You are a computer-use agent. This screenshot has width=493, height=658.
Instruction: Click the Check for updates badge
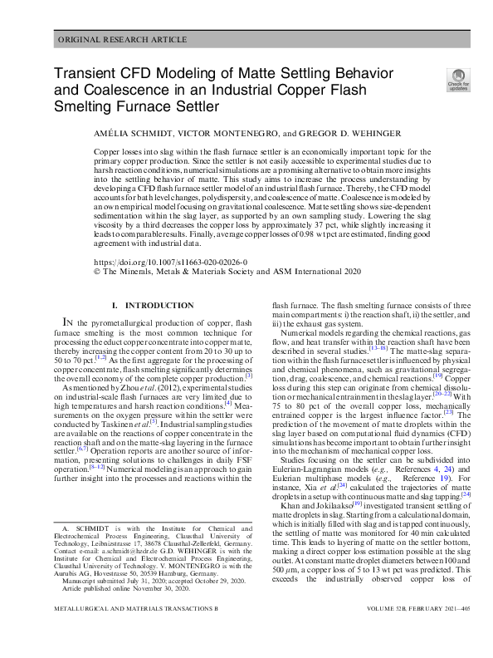[x=458, y=78]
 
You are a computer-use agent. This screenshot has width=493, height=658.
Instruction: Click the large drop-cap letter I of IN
[x=66, y=322]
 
